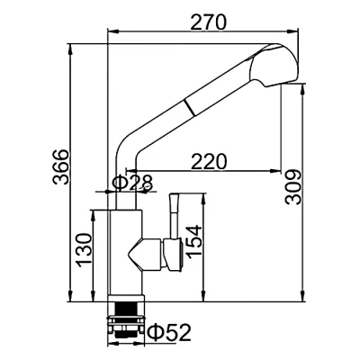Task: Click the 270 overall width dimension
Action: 208,22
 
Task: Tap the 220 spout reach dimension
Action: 209,162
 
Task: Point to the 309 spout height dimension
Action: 292,187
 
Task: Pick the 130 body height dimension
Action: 84,250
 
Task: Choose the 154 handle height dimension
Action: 193,241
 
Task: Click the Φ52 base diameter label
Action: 170,332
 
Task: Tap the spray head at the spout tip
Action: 274,66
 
